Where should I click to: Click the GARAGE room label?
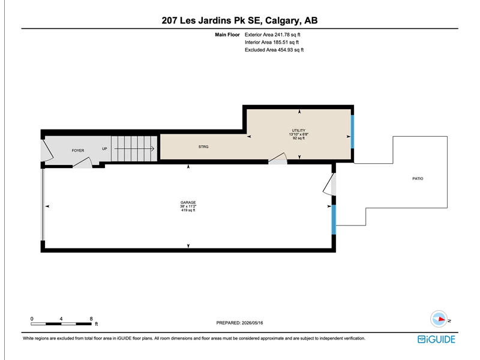point(188,202)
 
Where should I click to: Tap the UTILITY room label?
point(298,130)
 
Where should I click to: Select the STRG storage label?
point(203,146)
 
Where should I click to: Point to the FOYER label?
point(78,151)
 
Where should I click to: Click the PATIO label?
point(418,178)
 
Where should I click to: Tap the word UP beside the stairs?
point(104,149)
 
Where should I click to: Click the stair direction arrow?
point(134,149)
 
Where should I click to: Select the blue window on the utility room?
point(352,131)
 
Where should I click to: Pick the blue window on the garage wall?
point(334,220)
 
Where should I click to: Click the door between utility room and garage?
point(278,158)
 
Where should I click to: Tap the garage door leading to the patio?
point(329,184)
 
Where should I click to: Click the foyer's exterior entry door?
point(47,151)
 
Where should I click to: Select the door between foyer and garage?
point(83,163)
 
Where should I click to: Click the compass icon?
point(439,319)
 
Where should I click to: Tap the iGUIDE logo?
point(436,339)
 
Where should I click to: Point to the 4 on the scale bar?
point(61,319)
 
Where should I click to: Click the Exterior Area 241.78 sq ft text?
point(272,35)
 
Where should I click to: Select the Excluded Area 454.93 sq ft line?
point(274,50)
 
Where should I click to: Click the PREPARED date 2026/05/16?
point(239,323)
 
